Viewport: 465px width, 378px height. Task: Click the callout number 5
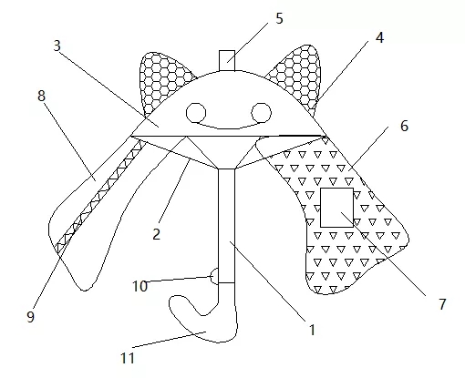(279, 18)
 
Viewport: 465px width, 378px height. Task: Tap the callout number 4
(379, 38)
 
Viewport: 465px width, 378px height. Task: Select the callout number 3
(57, 46)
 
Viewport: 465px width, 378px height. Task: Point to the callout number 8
(41, 96)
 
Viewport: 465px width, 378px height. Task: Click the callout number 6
(404, 126)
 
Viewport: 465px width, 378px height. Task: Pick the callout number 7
(442, 304)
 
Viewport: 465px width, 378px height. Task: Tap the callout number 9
(30, 317)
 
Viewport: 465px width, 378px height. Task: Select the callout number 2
(156, 234)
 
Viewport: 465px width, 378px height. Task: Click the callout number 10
(139, 286)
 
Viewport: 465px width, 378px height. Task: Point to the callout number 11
(128, 358)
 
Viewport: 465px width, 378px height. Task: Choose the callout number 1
(312, 330)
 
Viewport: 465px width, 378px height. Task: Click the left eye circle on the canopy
(196, 113)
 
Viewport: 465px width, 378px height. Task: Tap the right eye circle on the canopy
(262, 113)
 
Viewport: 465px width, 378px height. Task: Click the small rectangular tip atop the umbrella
(227, 61)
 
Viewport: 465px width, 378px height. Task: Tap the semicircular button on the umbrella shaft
(214, 276)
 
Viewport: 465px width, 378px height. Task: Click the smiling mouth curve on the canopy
(229, 127)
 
